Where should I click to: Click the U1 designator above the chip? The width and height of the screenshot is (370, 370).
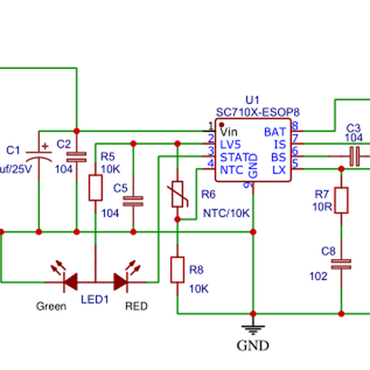tap(253, 100)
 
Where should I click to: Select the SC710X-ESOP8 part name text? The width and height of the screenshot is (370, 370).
tap(258, 112)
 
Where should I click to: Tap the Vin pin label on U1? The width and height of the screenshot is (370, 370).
tap(228, 132)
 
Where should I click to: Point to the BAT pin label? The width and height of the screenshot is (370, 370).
tap(275, 132)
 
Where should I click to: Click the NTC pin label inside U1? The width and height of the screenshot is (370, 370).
tap(231, 170)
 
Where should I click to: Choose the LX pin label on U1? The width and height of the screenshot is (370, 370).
tap(279, 170)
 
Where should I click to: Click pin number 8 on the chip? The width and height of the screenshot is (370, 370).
tap(295, 126)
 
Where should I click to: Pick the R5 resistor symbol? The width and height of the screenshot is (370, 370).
tap(95, 188)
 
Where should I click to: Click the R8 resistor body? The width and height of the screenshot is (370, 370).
tap(177, 270)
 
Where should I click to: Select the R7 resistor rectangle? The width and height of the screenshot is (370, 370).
tap(342, 200)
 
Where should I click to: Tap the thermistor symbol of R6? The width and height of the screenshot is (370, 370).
tap(177, 194)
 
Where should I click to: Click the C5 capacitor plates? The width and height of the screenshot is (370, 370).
tap(133, 201)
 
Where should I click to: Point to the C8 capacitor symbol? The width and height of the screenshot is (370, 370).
tap(342, 264)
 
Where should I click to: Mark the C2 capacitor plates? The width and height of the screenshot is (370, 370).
tap(77, 157)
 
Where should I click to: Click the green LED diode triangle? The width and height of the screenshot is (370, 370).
tap(70, 282)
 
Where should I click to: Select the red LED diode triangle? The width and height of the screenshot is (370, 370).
tap(121, 282)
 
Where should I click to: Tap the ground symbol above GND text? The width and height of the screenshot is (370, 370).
tap(253, 329)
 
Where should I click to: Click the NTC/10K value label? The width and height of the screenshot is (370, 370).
tap(226, 213)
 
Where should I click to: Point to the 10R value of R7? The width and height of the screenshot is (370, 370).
tap(322, 207)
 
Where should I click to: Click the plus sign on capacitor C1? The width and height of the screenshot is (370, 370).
tap(45, 146)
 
